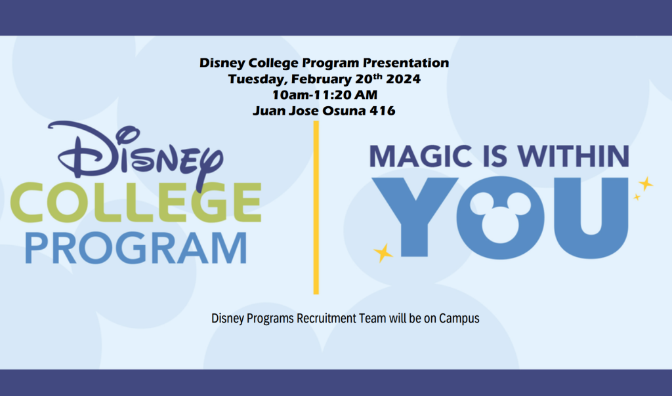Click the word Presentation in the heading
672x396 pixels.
point(406,62)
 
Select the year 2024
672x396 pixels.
point(403,79)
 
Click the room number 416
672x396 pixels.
point(383,110)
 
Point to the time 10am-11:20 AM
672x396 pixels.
point(325,94)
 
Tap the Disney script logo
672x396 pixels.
point(135,154)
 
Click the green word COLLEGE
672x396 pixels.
point(136,202)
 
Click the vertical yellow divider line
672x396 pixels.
point(316,208)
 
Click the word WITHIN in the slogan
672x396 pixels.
point(574,156)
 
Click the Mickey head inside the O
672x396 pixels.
point(500,216)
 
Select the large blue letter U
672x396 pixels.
point(591,218)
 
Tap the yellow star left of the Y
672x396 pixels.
point(383,252)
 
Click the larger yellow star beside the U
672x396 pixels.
point(646,184)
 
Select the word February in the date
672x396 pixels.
point(322,79)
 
